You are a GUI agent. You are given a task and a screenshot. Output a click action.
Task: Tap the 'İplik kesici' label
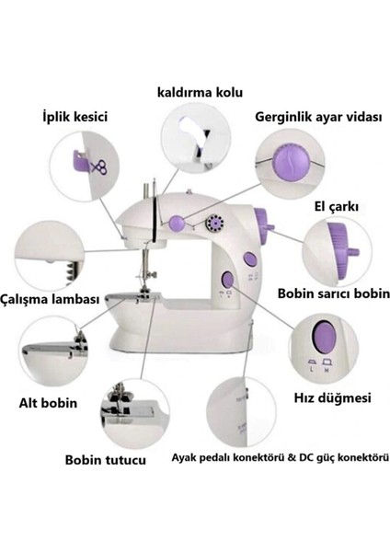tap(75, 118)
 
